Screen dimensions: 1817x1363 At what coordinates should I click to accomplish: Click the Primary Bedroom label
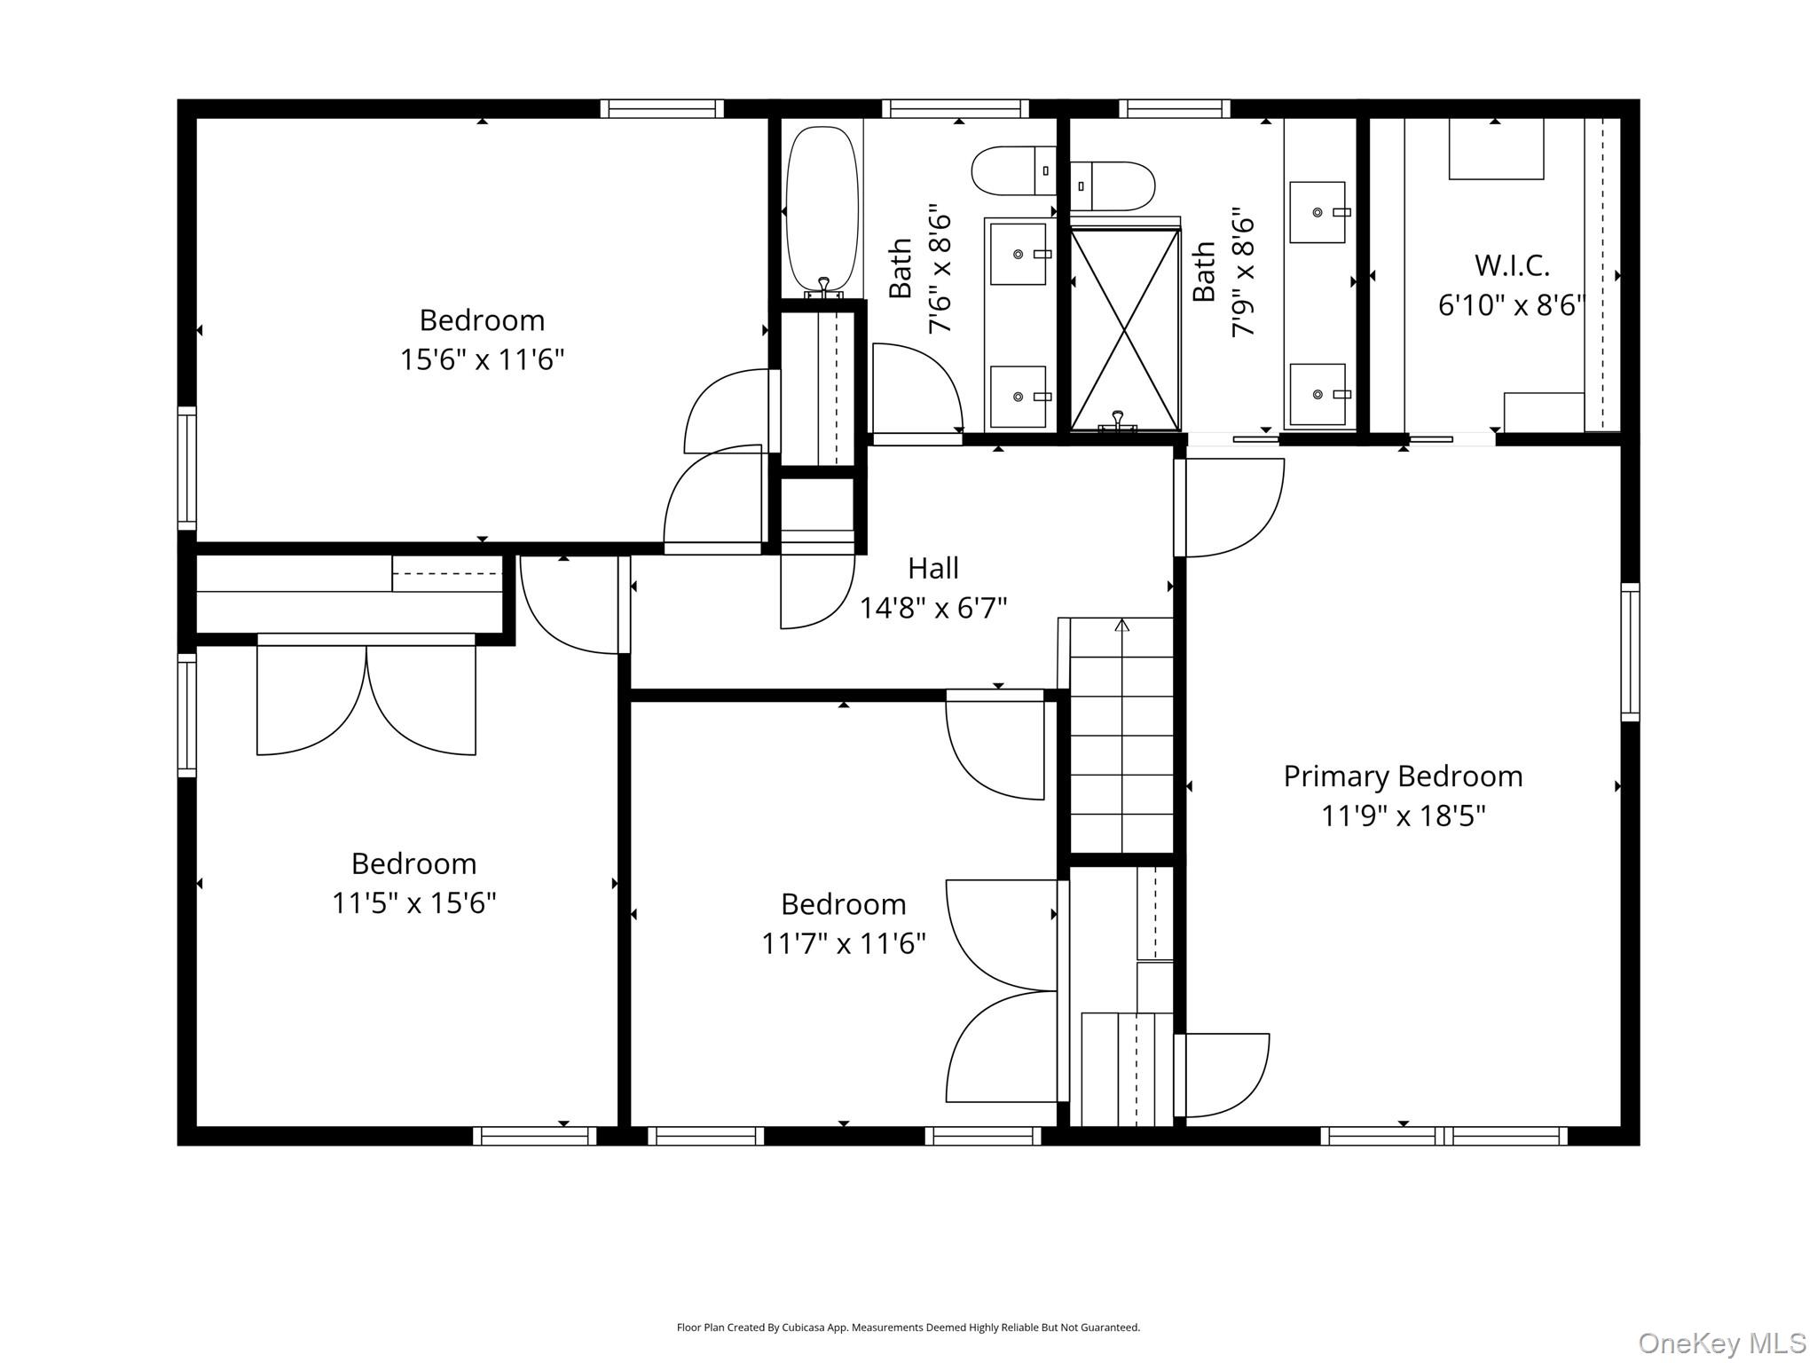[x=1403, y=776]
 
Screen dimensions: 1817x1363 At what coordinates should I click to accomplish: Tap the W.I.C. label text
[x=1512, y=264]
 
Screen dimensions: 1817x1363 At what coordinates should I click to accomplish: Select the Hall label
[x=933, y=568]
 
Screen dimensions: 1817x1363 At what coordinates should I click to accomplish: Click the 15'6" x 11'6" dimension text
[x=482, y=359]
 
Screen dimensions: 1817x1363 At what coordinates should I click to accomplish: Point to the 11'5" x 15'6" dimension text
[x=413, y=902]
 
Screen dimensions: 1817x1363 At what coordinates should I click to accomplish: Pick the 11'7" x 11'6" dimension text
[x=844, y=943]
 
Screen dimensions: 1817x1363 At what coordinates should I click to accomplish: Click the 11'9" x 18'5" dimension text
[x=1403, y=815]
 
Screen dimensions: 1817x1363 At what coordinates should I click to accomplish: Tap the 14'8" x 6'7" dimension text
[x=933, y=608]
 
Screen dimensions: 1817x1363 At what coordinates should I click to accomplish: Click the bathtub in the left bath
[x=823, y=211]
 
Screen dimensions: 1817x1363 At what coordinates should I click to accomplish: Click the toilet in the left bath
[x=1014, y=171]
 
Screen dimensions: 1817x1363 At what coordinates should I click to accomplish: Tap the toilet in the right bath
[x=1113, y=186]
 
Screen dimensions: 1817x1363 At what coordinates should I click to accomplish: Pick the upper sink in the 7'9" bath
[x=1318, y=212]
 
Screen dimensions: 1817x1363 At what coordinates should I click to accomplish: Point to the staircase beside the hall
[x=1122, y=736]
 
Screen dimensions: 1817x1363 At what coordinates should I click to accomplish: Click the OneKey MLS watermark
[x=1722, y=1343]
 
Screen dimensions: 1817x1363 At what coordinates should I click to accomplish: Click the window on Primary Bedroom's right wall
[x=1630, y=651]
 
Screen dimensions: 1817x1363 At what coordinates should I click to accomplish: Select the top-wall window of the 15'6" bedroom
[x=662, y=108]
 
